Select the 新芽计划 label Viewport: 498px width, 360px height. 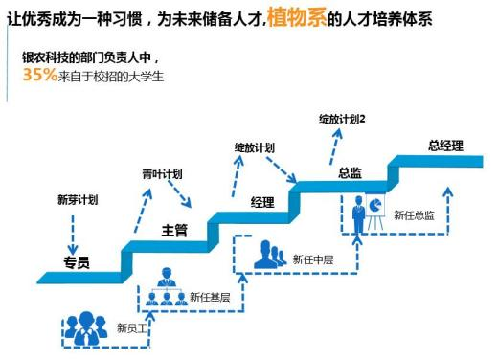(78, 200)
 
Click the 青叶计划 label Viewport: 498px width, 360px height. (162, 174)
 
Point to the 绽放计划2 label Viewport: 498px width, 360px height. (342, 118)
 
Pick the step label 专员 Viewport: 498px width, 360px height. (77, 262)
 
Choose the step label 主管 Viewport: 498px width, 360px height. (174, 231)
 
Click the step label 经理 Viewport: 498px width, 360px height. (261, 202)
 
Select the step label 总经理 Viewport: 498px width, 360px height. (445, 146)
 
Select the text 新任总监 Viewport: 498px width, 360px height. (414, 215)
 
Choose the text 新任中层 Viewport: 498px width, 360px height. (313, 259)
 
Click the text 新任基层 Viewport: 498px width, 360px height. (210, 296)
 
